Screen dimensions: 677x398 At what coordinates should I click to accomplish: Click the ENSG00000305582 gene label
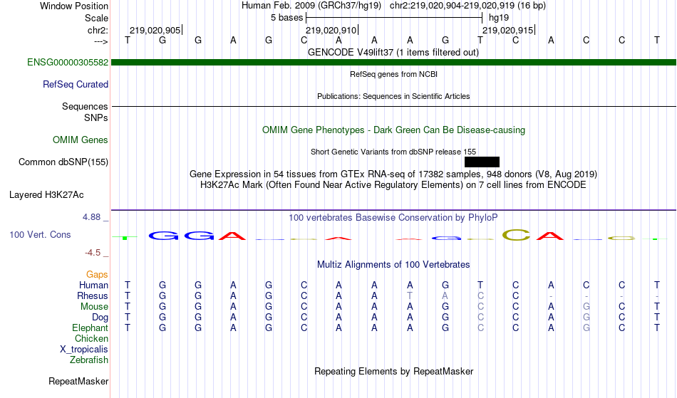pyautogui.click(x=68, y=62)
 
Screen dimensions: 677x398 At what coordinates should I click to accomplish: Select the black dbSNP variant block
pyautogui.click(x=482, y=162)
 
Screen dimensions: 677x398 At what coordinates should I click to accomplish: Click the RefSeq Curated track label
pyautogui.click(x=76, y=84)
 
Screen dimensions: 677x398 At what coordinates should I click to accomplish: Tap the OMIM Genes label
pyautogui.click(x=81, y=140)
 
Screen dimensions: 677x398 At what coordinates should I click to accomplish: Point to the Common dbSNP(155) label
pyautogui.click(x=63, y=162)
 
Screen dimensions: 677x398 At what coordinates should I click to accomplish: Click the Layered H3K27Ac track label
pyautogui.click(x=46, y=195)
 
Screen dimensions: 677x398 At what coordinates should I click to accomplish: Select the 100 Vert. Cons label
pyautogui.click(x=40, y=234)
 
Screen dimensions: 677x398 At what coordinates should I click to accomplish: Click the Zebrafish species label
pyautogui.click(x=89, y=360)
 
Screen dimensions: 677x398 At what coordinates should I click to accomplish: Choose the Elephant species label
pyautogui.click(x=90, y=328)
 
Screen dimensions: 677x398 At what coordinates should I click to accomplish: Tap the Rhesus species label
pyautogui.click(x=93, y=295)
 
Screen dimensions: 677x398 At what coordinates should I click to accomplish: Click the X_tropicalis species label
pyautogui.click(x=84, y=350)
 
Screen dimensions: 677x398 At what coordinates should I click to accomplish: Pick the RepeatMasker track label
pyautogui.click(x=78, y=381)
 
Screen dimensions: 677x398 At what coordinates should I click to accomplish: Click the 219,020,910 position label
pyautogui.click(x=331, y=30)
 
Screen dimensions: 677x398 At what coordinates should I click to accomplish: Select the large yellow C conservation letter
pyautogui.click(x=517, y=235)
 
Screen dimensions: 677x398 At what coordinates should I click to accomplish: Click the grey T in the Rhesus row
pyautogui.click(x=410, y=295)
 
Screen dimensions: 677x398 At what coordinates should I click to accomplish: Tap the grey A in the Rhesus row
pyautogui.click(x=445, y=295)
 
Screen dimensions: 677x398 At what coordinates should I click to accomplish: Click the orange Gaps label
pyautogui.click(x=97, y=275)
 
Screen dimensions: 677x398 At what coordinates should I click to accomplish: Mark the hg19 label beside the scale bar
pyautogui.click(x=499, y=18)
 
